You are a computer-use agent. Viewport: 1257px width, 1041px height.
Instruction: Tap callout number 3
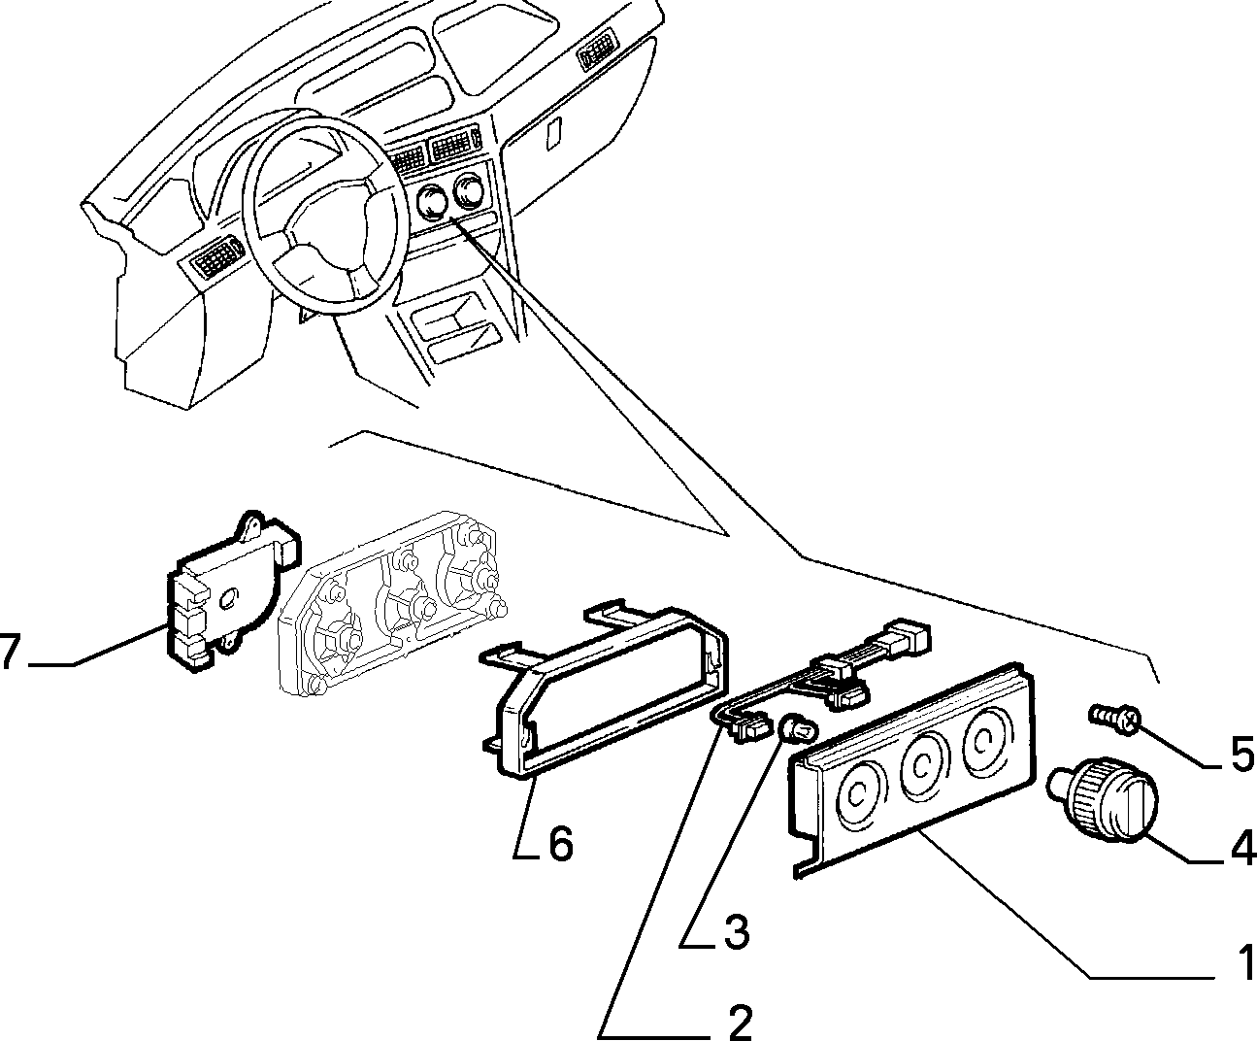point(735,931)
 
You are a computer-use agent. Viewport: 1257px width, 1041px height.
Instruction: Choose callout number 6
point(560,844)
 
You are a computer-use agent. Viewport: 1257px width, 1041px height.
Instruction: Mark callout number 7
point(11,652)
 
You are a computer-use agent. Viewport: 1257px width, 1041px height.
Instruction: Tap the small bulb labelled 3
point(798,732)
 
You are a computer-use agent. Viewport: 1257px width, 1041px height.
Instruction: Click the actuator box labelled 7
point(232,591)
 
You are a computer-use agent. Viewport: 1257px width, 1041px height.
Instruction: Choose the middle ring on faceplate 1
point(923,766)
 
